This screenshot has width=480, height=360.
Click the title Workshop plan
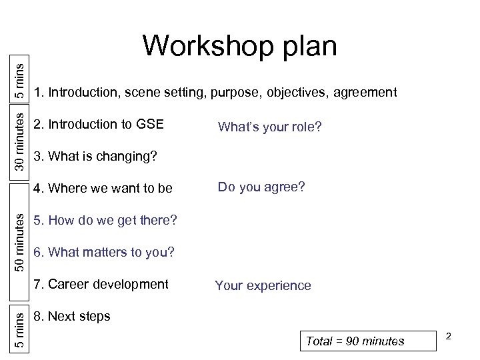tap(239, 47)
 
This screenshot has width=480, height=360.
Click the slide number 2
tap(449, 337)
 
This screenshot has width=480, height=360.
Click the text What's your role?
tap(269, 127)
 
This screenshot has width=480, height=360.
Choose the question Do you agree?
tap(261, 187)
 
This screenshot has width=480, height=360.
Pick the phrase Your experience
tap(263, 286)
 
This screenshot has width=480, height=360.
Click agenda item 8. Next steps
tap(72, 316)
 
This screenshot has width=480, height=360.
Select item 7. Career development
tap(101, 284)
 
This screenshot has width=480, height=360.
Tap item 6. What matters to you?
tap(103, 252)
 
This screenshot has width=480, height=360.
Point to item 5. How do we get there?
tap(105, 220)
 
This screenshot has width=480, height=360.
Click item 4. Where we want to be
tap(103, 188)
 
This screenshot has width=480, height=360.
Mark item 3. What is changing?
tap(95, 157)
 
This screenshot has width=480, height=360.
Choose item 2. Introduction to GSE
tap(98, 124)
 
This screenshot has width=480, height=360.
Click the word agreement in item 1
tap(366, 92)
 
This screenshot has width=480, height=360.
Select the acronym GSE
tap(149, 124)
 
